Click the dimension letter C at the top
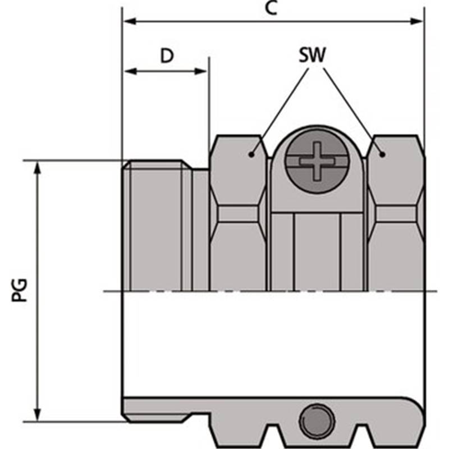(x=271, y=9)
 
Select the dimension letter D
(x=166, y=56)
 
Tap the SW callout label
(x=313, y=56)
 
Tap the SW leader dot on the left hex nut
(x=251, y=154)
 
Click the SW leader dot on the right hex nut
(x=382, y=154)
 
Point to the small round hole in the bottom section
(x=317, y=419)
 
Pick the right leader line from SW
(x=350, y=107)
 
